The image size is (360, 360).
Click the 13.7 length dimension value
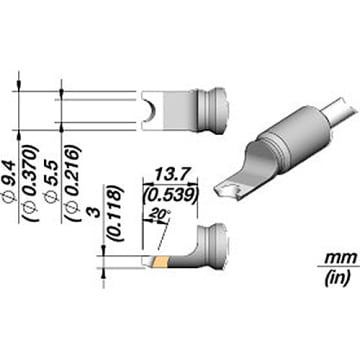point(170,174)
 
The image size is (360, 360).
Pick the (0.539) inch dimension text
point(169,195)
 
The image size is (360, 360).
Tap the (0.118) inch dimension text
point(116,214)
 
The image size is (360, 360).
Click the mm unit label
point(341,257)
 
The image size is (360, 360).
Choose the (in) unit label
point(337,277)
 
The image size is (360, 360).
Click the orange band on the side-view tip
point(160,262)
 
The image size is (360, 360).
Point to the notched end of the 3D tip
point(228,191)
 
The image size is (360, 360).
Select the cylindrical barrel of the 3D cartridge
point(300,137)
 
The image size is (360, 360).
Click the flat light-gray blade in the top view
point(178,111)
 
